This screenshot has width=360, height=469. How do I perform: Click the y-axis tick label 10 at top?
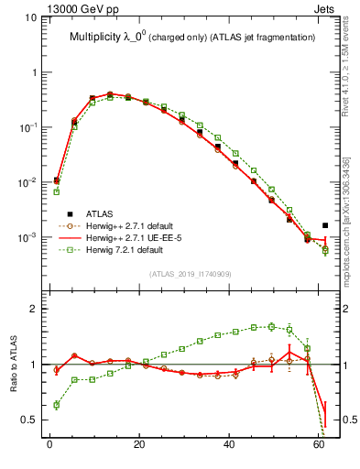point(29,17)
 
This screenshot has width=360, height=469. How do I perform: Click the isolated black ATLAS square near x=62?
point(326,225)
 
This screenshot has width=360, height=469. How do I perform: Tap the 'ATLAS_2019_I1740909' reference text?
point(190,274)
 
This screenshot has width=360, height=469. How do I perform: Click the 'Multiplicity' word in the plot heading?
point(96,38)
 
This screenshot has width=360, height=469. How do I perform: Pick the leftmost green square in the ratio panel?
point(57,404)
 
